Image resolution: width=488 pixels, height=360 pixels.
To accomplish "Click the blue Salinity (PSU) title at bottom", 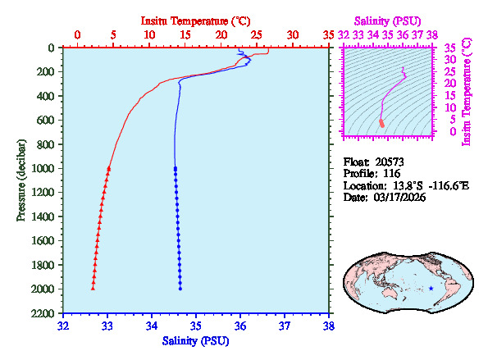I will coord(194,340).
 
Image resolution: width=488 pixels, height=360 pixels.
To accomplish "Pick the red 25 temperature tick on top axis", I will coord(257,35).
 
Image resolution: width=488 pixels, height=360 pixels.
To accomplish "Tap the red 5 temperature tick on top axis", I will coord(113,35).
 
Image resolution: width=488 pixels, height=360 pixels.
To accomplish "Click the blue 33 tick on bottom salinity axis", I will coord(107,326).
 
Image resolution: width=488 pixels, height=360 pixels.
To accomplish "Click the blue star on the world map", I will coord(431,288).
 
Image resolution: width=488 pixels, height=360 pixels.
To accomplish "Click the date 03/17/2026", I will coord(400,198).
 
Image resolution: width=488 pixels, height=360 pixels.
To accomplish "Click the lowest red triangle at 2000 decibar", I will coord(93,288).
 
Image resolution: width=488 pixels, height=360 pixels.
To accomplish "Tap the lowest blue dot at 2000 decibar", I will coord(180,288).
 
